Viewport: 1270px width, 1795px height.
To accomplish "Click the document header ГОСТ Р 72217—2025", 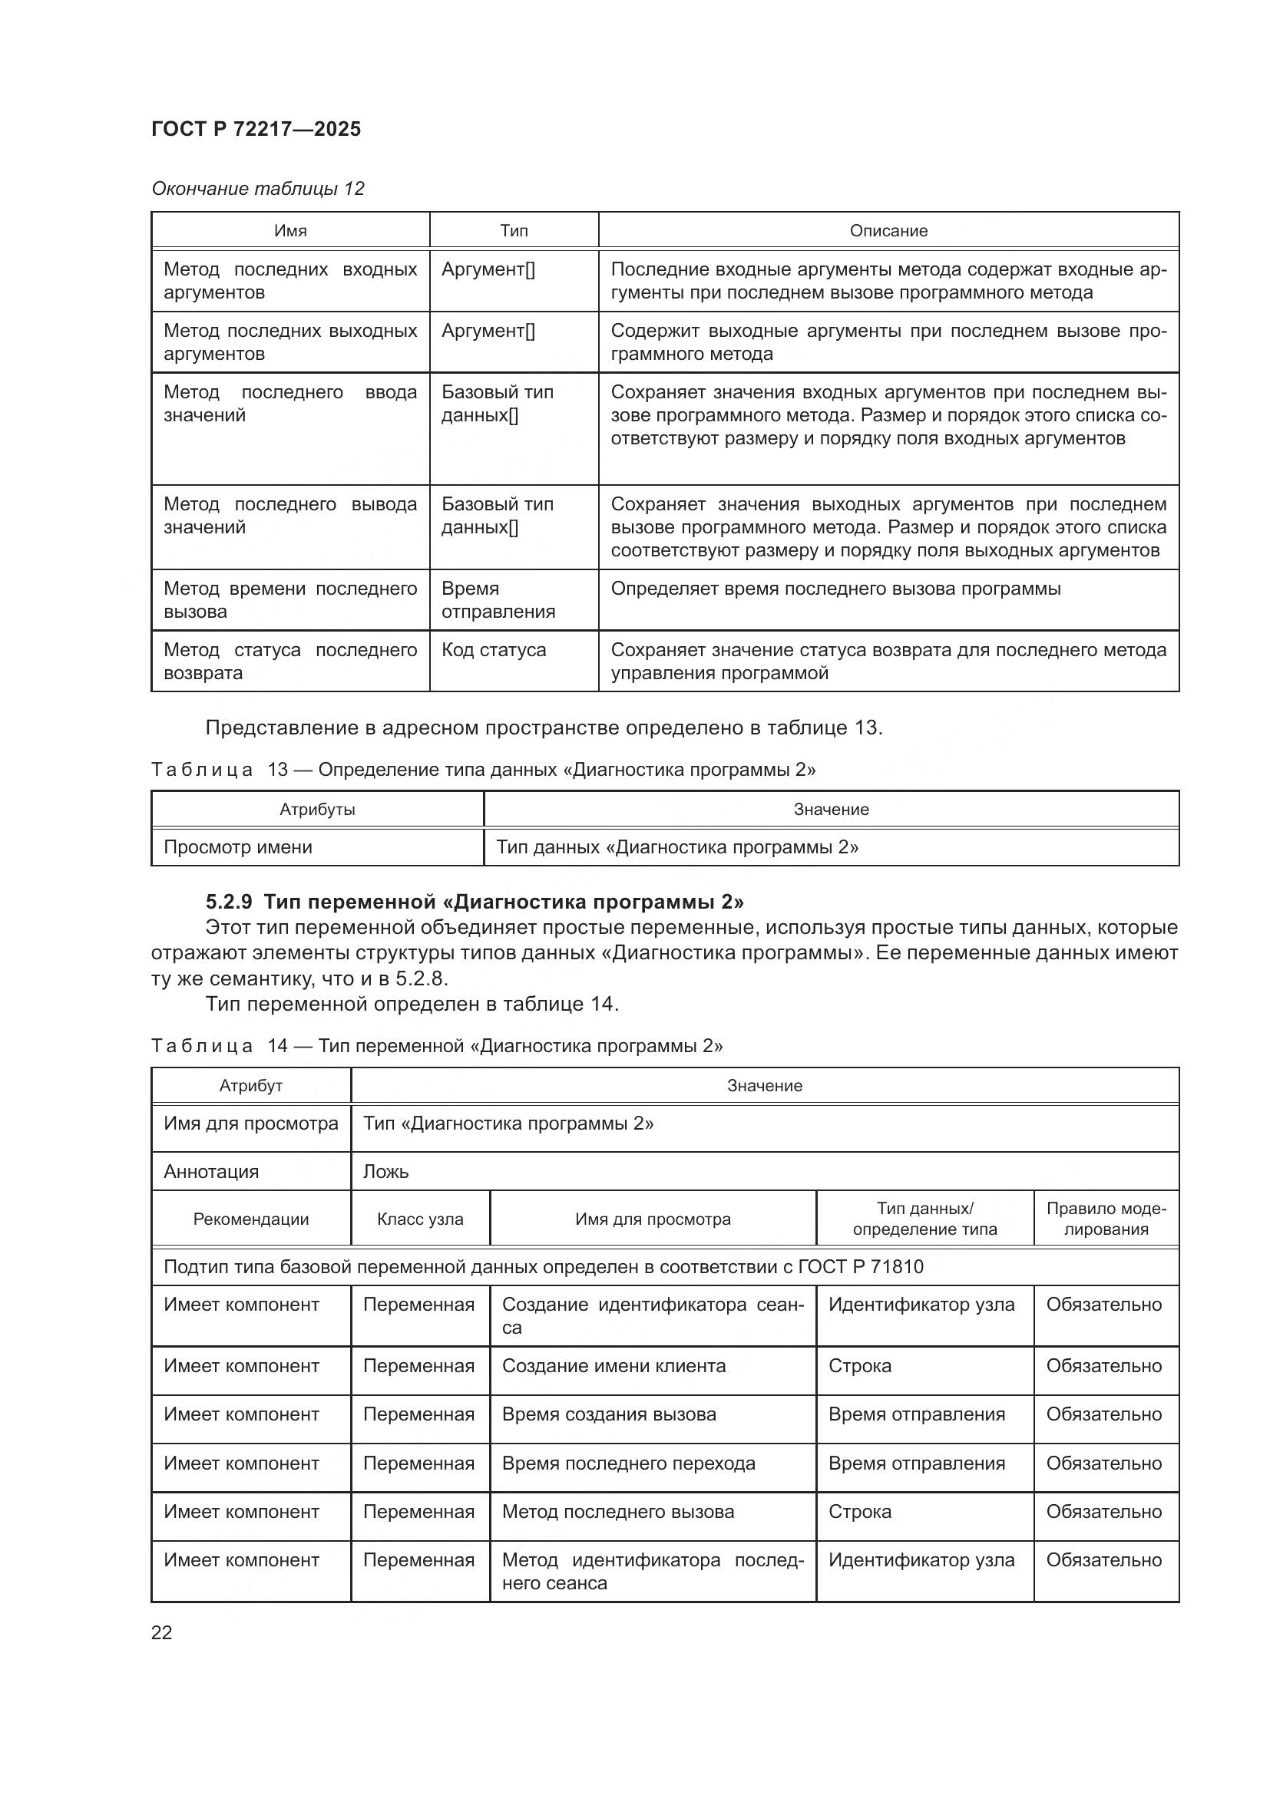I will tap(256, 129).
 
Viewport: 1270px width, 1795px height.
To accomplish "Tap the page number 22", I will tap(161, 1632).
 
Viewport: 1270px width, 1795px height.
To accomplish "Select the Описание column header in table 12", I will tap(888, 231).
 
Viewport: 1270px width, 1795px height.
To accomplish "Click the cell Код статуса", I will tap(494, 650).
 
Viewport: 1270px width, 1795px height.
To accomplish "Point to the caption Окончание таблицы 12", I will tap(257, 189).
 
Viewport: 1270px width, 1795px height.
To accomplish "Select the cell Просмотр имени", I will tap(238, 846).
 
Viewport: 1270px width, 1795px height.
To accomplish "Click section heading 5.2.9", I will tap(474, 902).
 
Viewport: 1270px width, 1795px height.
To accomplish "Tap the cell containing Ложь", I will tap(385, 1171).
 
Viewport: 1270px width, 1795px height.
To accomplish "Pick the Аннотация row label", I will tap(211, 1171).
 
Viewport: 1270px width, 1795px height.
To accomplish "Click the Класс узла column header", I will tap(420, 1219).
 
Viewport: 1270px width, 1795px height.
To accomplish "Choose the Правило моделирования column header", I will tap(1106, 1218).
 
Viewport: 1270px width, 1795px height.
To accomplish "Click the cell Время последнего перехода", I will tap(628, 1463).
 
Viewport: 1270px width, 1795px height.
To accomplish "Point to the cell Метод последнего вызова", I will tap(618, 1511).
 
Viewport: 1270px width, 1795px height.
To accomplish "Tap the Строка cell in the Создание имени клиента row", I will tap(859, 1366).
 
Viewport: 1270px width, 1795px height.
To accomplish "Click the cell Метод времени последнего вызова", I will tap(290, 599).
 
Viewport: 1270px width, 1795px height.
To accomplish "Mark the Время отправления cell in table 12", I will tap(498, 599).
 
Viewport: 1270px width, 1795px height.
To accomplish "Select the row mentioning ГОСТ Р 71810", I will tap(543, 1266).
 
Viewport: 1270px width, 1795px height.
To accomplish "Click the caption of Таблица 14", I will tap(436, 1046).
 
